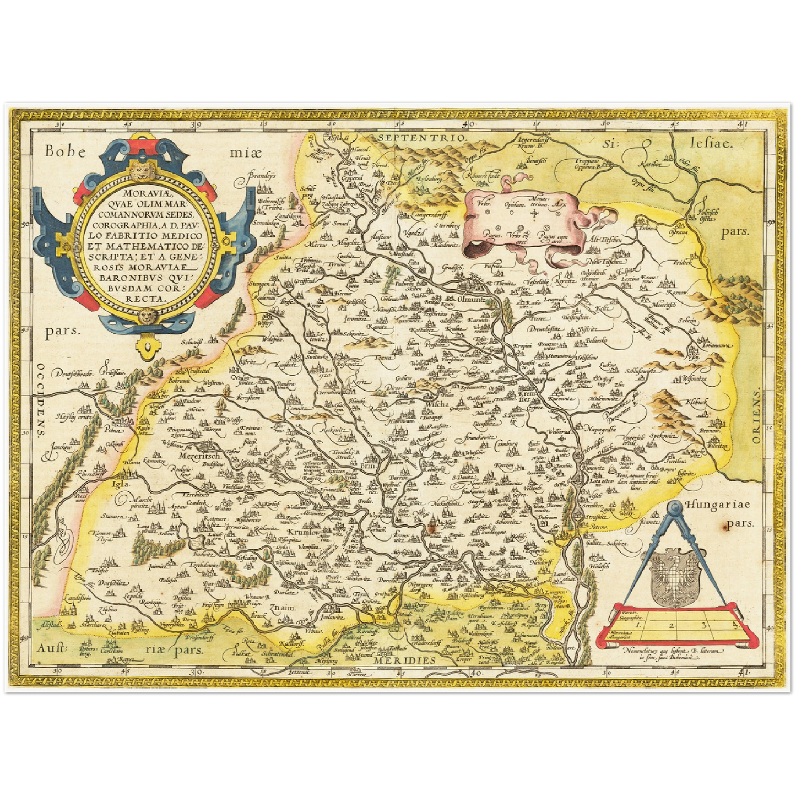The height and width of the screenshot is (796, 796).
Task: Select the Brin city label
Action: [x=367, y=465]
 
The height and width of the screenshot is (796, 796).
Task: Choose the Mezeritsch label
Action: [x=200, y=456]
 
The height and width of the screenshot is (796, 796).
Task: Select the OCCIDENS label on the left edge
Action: [x=40, y=399]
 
